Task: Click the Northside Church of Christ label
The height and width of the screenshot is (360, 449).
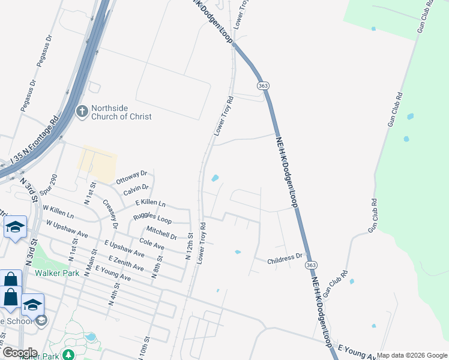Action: [x=121, y=112]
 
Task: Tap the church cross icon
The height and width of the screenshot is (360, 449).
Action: [x=82, y=112]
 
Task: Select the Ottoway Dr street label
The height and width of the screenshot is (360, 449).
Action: [x=131, y=177]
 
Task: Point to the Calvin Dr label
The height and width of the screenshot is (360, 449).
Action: [x=136, y=190]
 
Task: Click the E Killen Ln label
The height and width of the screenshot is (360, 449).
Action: [x=150, y=204]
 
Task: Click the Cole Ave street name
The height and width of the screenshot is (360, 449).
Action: [x=151, y=244]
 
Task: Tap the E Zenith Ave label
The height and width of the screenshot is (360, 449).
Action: [x=124, y=262]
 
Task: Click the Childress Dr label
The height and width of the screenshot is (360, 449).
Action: [x=285, y=259]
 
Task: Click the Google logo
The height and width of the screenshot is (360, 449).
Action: [x=19, y=353]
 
